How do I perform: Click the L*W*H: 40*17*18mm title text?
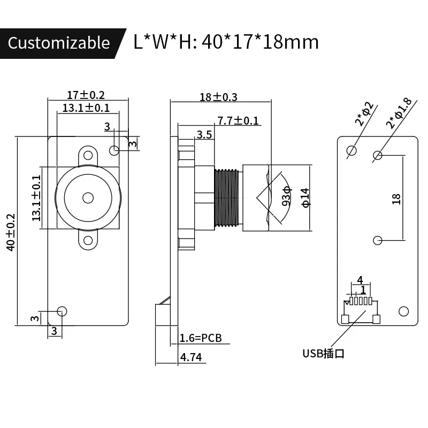pos(226,42)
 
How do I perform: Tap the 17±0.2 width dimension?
pos(86,95)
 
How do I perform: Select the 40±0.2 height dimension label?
pos(11,232)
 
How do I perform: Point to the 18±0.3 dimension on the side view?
pos(218,97)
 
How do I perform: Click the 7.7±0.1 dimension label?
pos(238,121)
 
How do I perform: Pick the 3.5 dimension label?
pos(204,135)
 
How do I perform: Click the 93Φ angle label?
pos(287,196)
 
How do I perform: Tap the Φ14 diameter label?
pos(305,197)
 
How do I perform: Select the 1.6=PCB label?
pos(201,338)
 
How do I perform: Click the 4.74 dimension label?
pos(191,357)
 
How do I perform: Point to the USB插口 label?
pos(324,354)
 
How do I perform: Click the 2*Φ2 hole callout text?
pos(364,114)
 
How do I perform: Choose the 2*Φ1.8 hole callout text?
pos(399,113)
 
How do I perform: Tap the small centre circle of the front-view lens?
pos(88,198)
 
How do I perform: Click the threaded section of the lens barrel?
pos(227,198)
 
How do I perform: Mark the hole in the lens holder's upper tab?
pos(88,155)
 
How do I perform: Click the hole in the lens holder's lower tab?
pos(88,240)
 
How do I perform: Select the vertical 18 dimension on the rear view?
pos(396,199)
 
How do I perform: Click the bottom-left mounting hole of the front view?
pos(62,311)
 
